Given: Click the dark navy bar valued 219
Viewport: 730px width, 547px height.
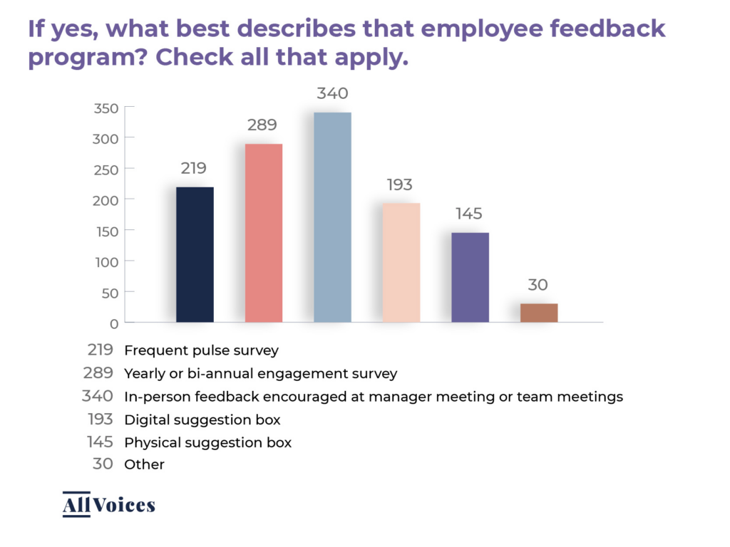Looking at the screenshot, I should [195, 254].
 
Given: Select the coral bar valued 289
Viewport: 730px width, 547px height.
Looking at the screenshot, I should [264, 233].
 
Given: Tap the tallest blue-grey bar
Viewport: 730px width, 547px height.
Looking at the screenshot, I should [332, 217].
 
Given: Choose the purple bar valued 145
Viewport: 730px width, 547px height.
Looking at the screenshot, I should [470, 277].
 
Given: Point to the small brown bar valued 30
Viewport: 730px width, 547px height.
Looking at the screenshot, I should [538, 313].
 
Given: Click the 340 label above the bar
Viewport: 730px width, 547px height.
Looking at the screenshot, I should [332, 94].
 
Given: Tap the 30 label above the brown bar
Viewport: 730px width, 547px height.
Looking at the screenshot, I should [538, 285].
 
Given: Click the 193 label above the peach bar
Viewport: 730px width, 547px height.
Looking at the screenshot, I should [400, 185].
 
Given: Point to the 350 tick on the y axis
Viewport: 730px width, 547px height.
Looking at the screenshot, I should [106, 108].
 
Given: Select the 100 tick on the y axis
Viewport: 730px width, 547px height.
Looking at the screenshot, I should [106, 261].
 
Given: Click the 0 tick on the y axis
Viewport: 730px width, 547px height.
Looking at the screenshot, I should [113, 323].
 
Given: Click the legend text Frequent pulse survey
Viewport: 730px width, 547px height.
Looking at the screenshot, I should [201, 350].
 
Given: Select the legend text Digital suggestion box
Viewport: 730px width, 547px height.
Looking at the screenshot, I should [202, 419].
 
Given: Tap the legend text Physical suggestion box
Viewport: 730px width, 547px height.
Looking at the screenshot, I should [207, 442].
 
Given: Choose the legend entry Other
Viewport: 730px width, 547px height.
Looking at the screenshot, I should [144, 464].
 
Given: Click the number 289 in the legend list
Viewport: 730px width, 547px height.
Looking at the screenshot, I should [99, 373].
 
